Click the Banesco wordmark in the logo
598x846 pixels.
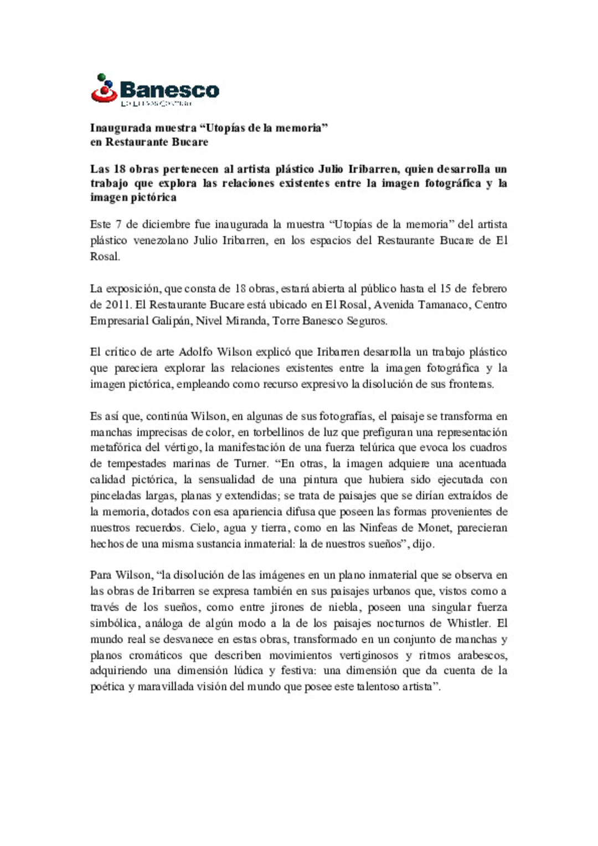tap(169, 90)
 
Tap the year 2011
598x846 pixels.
tap(117, 305)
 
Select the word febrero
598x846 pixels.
tap(489, 288)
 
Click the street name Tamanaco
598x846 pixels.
tap(444, 305)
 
